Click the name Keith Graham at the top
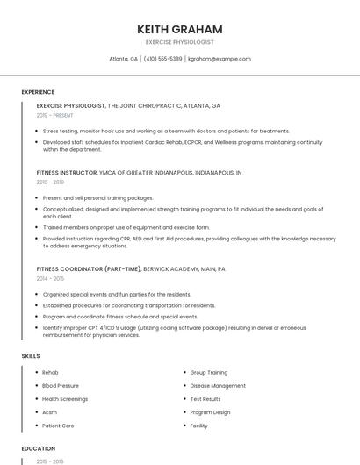point(180,29)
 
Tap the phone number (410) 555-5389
point(162,59)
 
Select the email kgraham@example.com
point(220,59)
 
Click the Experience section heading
point(38,92)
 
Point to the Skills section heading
point(31,356)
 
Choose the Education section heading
point(38,448)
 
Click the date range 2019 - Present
point(55,115)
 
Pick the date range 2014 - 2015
point(50,279)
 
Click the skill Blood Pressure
point(61,386)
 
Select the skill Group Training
point(209,373)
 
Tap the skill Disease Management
point(218,386)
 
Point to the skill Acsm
point(49,412)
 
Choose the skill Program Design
point(210,412)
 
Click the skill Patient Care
point(58,426)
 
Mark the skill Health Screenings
point(65,399)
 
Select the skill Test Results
point(205,399)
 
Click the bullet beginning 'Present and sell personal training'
point(97,198)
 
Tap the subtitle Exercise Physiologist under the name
point(180,42)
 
